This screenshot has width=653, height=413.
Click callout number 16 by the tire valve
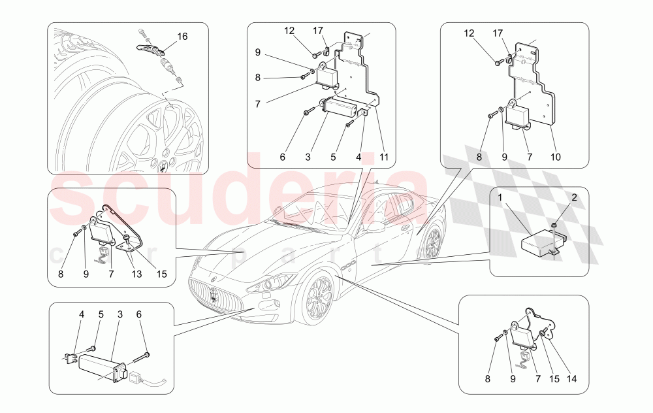tap(182, 37)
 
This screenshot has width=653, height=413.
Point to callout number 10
tap(555, 157)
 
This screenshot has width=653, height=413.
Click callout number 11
tap(385, 157)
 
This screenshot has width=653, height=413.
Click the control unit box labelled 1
tap(538, 244)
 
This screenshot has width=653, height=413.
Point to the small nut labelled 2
tap(554, 225)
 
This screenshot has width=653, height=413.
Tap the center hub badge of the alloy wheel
tap(162, 165)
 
